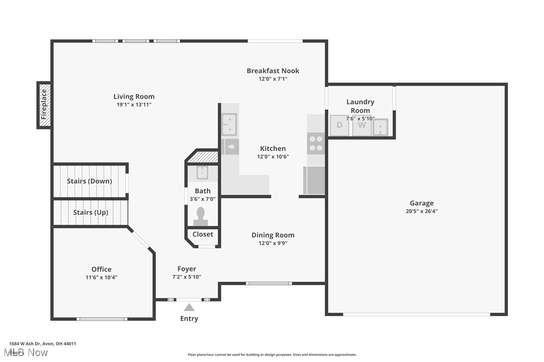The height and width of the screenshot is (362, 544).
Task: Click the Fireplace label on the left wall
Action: tap(44, 104)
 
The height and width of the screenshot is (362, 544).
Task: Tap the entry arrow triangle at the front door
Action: tap(189, 307)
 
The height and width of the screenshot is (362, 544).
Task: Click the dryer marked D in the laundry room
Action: tap(340, 125)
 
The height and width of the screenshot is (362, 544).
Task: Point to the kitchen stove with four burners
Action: tap(316, 143)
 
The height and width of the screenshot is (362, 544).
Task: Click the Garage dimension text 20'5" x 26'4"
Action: tap(422, 211)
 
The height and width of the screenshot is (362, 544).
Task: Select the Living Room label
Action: tap(134, 96)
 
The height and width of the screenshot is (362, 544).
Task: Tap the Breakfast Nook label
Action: tap(273, 70)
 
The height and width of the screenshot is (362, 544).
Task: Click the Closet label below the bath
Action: tap(203, 234)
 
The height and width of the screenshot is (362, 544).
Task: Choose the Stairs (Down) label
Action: tap(90, 181)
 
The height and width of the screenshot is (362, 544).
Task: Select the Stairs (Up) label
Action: tap(91, 212)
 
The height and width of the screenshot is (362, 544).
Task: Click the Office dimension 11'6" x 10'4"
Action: tap(101, 277)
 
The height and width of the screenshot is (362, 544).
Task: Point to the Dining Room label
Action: tap(273, 235)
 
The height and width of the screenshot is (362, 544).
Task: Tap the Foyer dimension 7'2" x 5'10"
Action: tap(187, 276)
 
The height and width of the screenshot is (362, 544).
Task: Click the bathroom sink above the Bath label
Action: tap(202, 173)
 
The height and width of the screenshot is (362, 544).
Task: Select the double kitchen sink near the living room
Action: tap(229, 124)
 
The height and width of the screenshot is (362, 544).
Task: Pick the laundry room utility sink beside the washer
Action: tap(381, 126)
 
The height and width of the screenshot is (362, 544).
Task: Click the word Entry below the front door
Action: tap(189, 318)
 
